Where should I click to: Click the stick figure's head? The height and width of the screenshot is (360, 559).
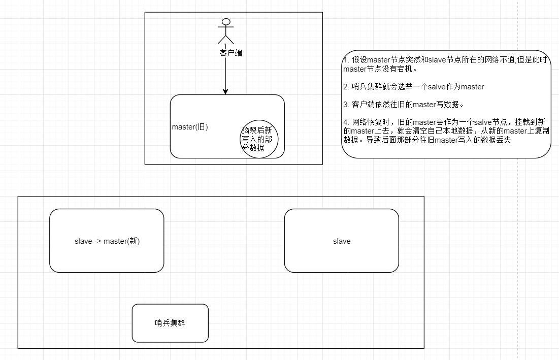(x=225, y=22)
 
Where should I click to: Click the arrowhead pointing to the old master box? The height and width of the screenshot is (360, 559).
(x=225, y=91)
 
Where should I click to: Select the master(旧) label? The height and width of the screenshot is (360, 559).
(x=190, y=127)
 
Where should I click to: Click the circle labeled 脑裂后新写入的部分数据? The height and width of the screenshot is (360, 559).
(x=259, y=139)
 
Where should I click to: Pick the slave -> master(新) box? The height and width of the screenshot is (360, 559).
(x=107, y=241)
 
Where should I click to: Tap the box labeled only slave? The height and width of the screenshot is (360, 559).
(x=341, y=241)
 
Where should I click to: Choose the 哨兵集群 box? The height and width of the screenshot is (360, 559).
(x=170, y=323)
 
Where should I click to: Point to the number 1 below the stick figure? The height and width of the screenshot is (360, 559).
(x=225, y=46)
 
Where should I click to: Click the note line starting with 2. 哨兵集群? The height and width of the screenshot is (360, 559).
(x=414, y=87)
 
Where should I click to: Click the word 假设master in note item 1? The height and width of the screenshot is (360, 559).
(x=369, y=60)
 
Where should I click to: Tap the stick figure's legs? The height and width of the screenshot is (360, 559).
(x=225, y=39)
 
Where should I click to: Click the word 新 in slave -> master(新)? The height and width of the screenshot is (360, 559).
(x=134, y=241)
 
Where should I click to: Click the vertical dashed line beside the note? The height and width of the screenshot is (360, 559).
(x=516, y=203)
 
